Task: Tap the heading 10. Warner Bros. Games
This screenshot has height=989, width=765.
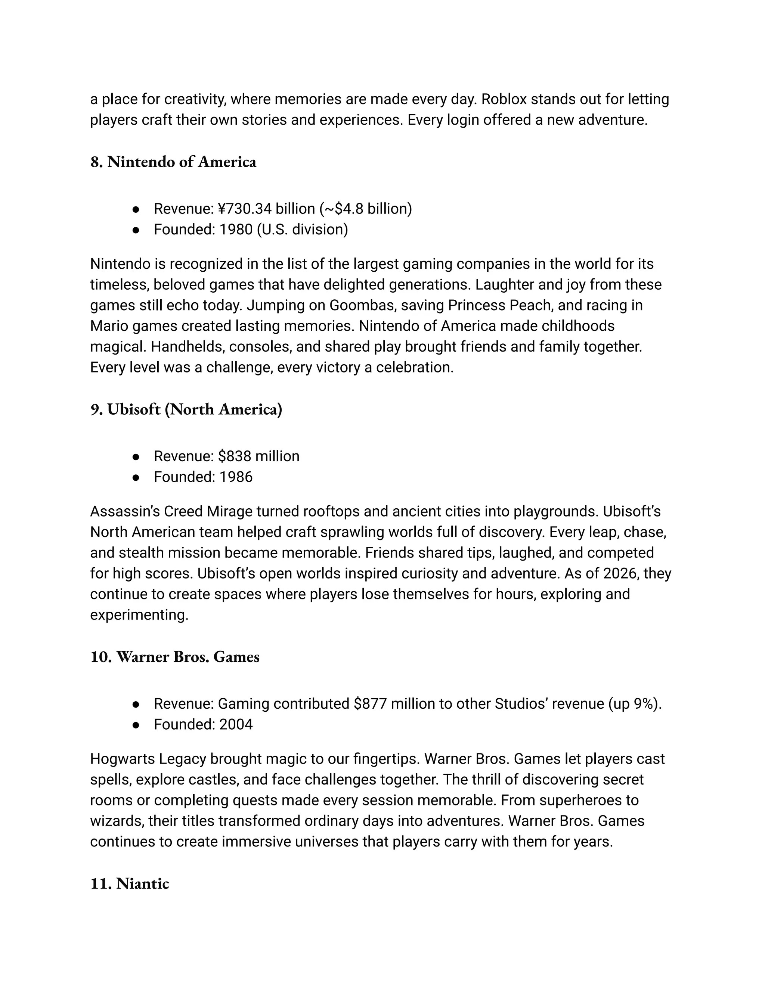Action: pyautogui.click(x=175, y=656)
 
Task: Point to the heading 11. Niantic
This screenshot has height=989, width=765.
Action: pyautogui.click(x=130, y=883)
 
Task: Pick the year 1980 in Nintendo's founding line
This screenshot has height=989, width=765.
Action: pyautogui.click(x=236, y=230)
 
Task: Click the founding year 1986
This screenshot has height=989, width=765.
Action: pyautogui.click(x=236, y=477)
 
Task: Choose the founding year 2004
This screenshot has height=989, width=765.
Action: pyautogui.click(x=236, y=724)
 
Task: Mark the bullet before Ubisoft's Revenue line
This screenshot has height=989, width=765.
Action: pyautogui.click(x=136, y=457)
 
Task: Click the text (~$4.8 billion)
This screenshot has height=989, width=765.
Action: pyautogui.click(x=366, y=209)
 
